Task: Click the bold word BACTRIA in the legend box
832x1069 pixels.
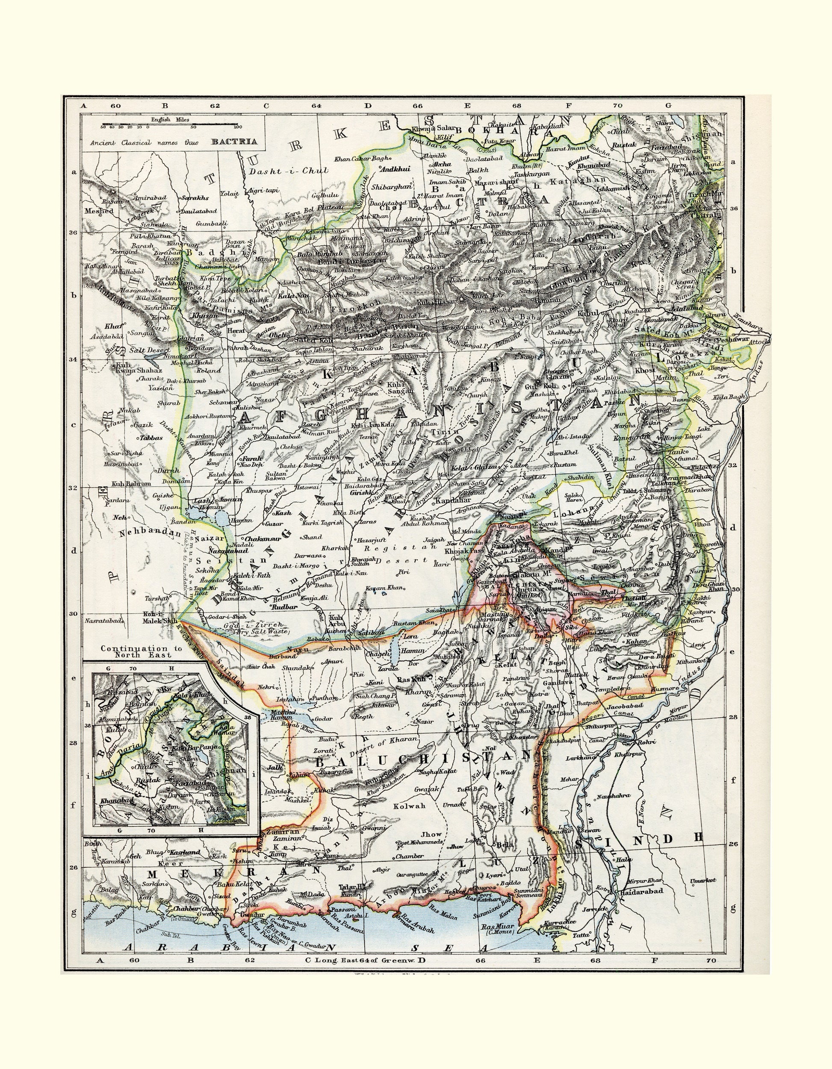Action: tap(234, 142)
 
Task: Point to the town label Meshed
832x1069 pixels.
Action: tap(98, 211)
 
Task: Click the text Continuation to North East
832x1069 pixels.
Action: tap(142, 651)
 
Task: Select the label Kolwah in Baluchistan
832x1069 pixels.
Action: tap(411, 805)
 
